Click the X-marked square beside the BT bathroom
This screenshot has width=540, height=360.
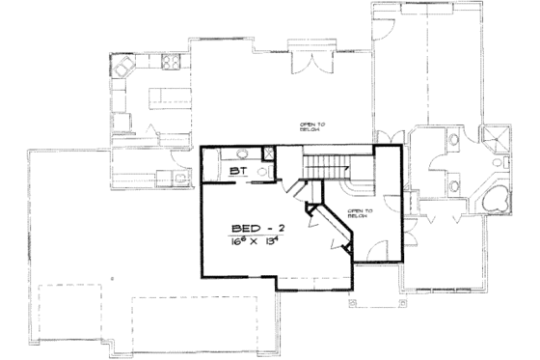[269, 152]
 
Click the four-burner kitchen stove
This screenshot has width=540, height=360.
[172, 65]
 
